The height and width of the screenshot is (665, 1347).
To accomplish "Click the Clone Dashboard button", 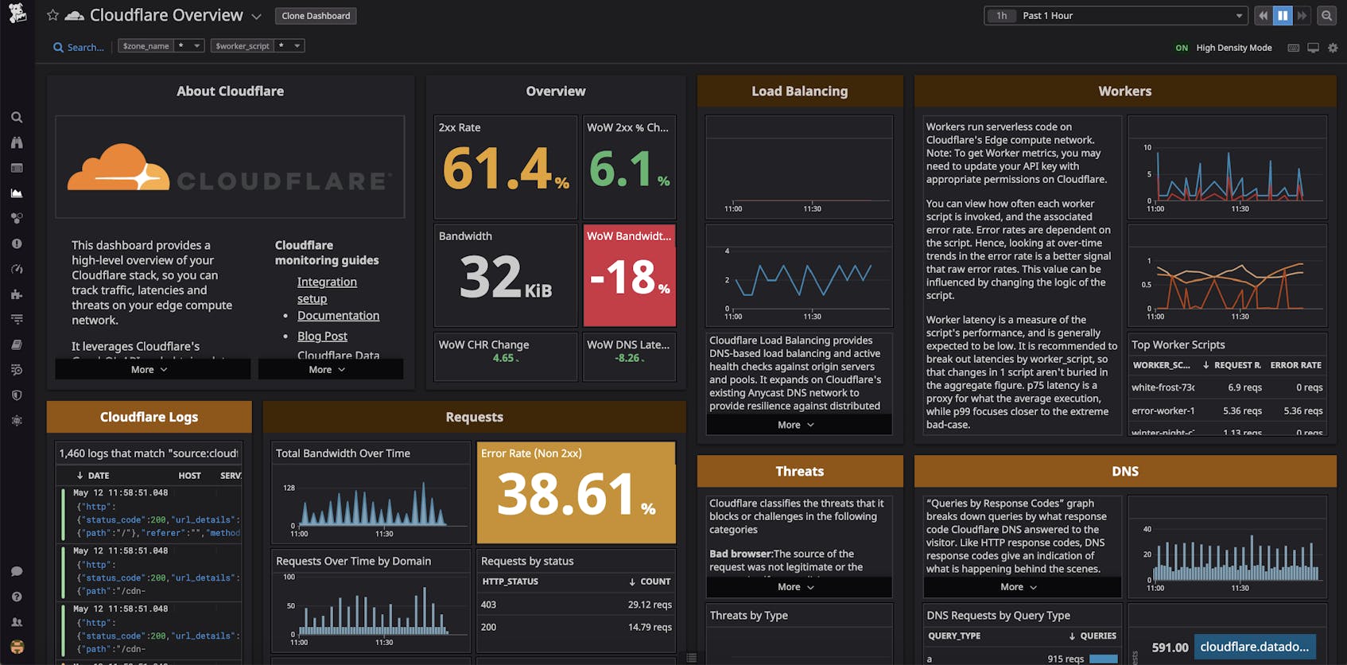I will pyautogui.click(x=316, y=16).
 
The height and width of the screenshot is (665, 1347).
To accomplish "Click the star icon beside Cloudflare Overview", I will pyautogui.click(x=52, y=15).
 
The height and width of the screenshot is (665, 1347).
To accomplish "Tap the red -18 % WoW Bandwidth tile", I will pyautogui.click(x=629, y=276).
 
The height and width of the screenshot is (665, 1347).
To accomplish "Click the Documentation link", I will pyautogui.click(x=338, y=316).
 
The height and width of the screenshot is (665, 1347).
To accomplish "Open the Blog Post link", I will pyautogui.click(x=322, y=336).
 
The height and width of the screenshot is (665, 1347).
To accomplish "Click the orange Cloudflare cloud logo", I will pyautogui.click(x=118, y=168).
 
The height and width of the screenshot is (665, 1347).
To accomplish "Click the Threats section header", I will pyautogui.click(x=799, y=472).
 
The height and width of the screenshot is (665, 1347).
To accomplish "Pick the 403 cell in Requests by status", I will pyautogui.click(x=488, y=605).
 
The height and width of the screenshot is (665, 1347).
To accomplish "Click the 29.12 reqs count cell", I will pyautogui.click(x=649, y=605).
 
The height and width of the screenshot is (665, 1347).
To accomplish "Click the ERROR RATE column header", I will pyautogui.click(x=1295, y=365).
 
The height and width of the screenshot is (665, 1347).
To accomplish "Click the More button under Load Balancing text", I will pyautogui.click(x=796, y=425).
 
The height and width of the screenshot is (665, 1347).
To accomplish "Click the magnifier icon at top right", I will pyautogui.click(x=1326, y=16).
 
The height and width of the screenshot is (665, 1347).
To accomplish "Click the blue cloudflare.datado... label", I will pyautogui.click(x=1254, y=647).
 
